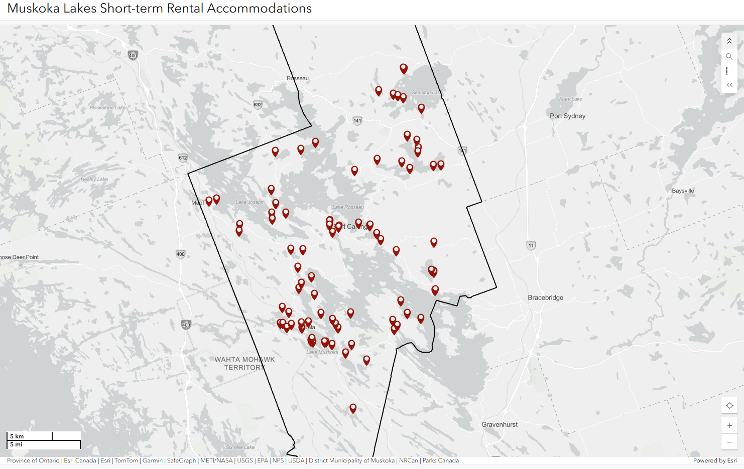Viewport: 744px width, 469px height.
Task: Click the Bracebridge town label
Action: pyautogui.click(x=545, y=297)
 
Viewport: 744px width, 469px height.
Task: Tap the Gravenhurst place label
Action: pyautogui.click(x=499, y=424)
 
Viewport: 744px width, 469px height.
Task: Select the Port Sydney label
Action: pyautogui.click(x=567, y=116)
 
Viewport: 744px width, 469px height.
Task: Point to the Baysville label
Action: pyautogui.click(x=683, y=191)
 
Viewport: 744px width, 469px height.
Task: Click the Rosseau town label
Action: pyautogui.click(x=298, y=78)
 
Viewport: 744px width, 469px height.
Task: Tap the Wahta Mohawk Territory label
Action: pyautogui.click(x=244, y=363)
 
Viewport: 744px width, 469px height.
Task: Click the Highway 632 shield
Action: pyautogui.click(x=258, y=104)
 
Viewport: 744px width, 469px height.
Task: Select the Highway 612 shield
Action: pyautogui.click(x=183, y=158)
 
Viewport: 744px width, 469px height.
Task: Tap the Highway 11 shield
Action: pyautogui.click(x=531, y=245)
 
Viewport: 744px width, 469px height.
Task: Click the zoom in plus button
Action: pyautogui.click(x=729, y=426)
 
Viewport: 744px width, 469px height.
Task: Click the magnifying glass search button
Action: pyautogui.click(x=729, y=57)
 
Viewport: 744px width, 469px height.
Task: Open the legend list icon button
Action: pyautogui.click(x=729, y=71)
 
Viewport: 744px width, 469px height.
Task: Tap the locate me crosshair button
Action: pyautogui.click(x=729, y=406)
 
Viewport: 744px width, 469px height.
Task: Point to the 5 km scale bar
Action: pyautogui.click(x=30, y=436)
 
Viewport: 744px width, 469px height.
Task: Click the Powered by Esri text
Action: pyautogui.click(x=715, y=460)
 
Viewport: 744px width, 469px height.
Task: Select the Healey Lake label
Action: pyautogui.click(x=94, y=179)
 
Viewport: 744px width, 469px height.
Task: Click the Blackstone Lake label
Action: pyautogui.click(x=107, y=107)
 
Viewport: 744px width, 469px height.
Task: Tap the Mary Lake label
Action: pyautogui.click(x=571, y=99)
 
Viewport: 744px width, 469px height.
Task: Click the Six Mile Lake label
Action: pyautogui.click(x=240, y=447)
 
